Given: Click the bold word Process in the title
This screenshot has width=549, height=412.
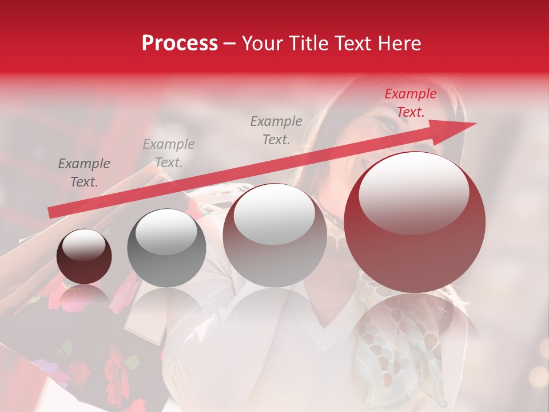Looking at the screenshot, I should (180, 43).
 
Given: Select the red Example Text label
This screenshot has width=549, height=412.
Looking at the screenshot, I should (410, 103).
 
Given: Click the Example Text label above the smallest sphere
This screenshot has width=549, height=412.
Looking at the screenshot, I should (84, 172).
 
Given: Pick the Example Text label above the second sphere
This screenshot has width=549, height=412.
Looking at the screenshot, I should (169, 153).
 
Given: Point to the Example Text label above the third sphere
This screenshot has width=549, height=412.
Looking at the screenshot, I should (276, 130).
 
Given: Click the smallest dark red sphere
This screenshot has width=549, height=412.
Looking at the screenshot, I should (84, 257).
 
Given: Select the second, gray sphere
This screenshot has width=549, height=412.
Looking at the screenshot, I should (166, 248).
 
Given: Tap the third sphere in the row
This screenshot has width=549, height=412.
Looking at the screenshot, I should (274, 236).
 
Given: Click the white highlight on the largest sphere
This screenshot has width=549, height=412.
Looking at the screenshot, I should (414, 192).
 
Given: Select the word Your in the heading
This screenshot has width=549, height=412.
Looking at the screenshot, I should (264, 43).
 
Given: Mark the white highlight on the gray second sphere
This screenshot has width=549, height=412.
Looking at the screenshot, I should (166, 231).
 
